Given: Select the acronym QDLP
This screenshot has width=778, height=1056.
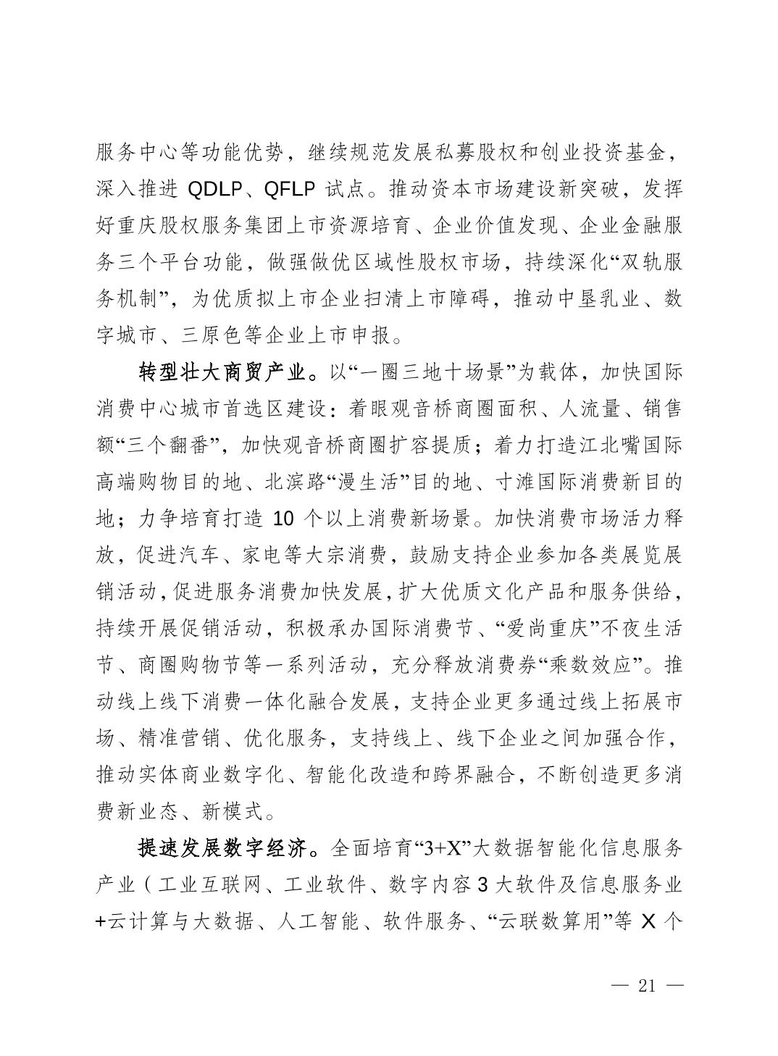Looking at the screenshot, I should tap(216, 190).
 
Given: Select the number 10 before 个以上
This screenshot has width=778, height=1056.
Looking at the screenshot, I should tap(283, 519).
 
